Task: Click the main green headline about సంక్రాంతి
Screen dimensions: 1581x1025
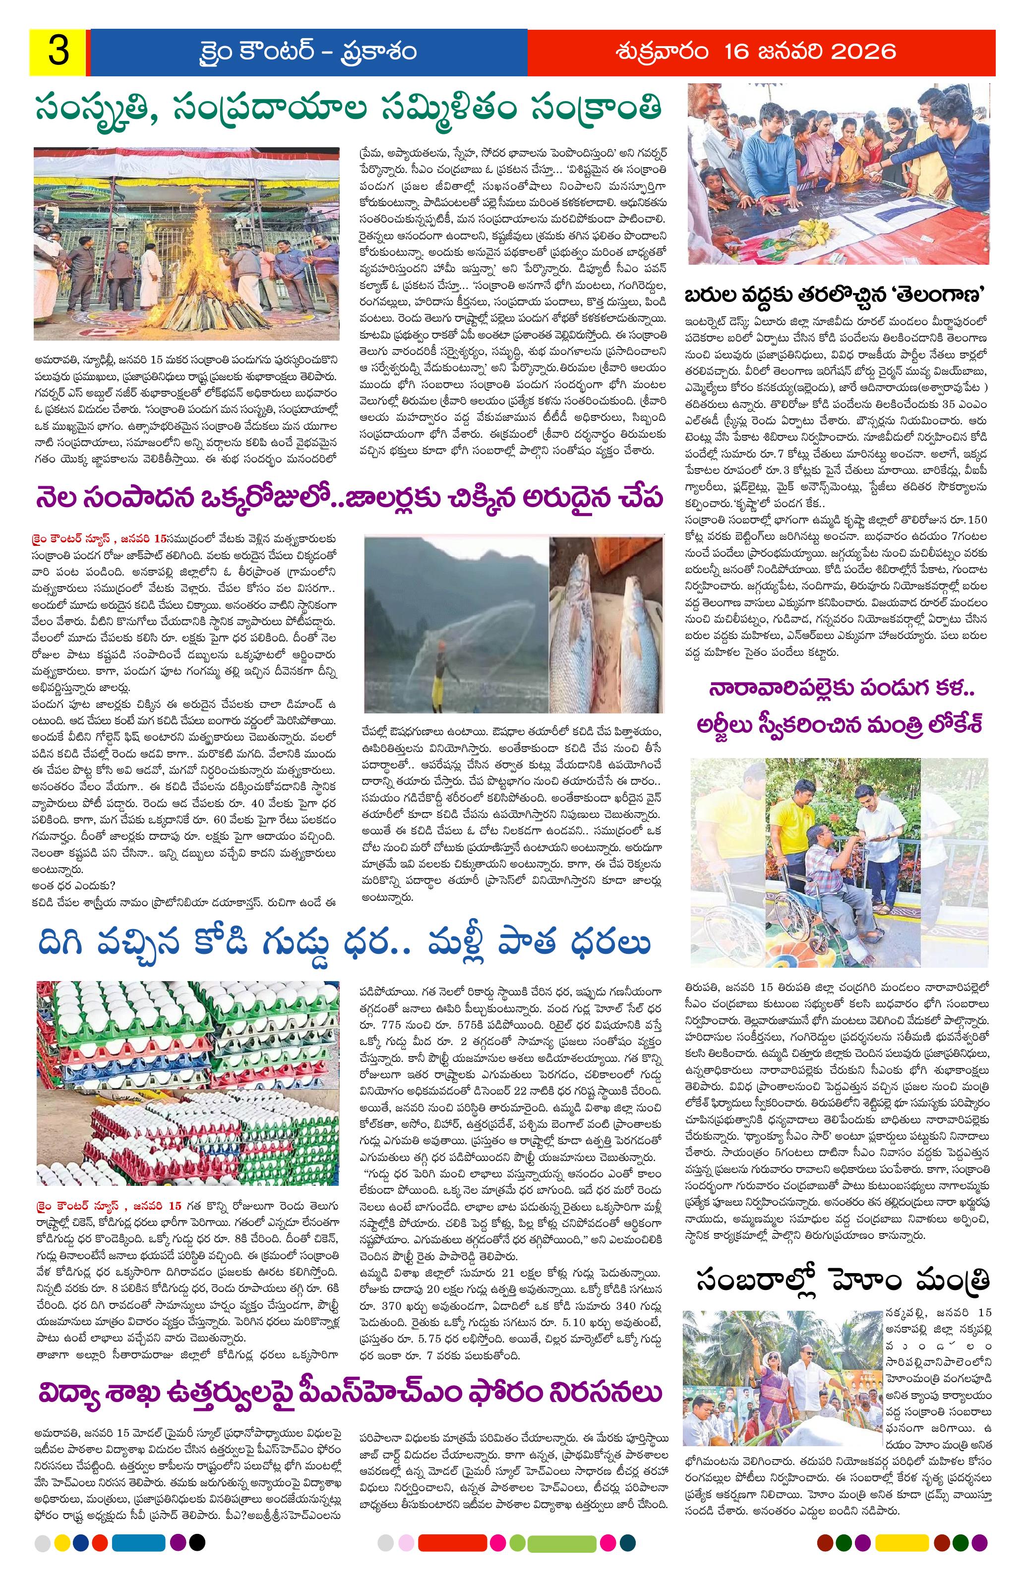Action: [x=349, y=107]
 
